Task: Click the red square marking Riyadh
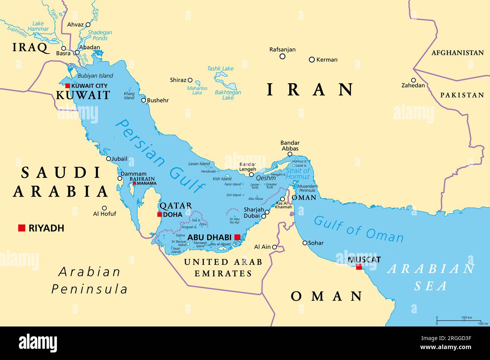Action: pos(21,228)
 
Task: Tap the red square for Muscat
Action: pos(359,267)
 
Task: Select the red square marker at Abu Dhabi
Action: pos(237,237)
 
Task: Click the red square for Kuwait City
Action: pos(68,85)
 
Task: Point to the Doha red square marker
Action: pos(159,215)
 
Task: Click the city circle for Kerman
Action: pos(312,59)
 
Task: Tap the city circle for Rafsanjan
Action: pos(282,56)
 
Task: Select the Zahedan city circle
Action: pos(413,80)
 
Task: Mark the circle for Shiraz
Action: pos(190,80)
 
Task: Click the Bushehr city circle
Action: pos(144,100)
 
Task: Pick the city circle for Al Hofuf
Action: pos(104,208)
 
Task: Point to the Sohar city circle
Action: pos(305,243)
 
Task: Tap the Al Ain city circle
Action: pos(275,247)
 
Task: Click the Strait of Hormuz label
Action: pos(297,174)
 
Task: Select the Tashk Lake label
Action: pos(220,69)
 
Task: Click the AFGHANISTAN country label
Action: pos(457,53)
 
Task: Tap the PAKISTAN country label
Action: pos(462,95)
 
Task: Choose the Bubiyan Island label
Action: pos(95,76)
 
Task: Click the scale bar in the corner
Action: pos(458,320)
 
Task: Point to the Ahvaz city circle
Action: pos(88,24)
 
